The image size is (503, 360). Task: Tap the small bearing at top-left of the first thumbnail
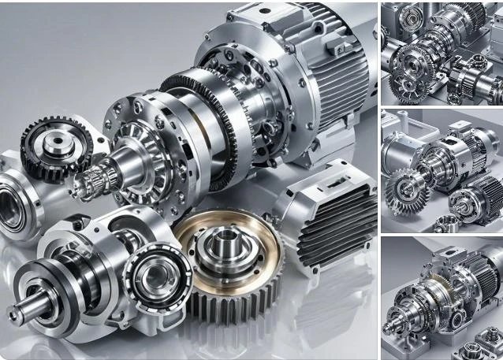(411, 17)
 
